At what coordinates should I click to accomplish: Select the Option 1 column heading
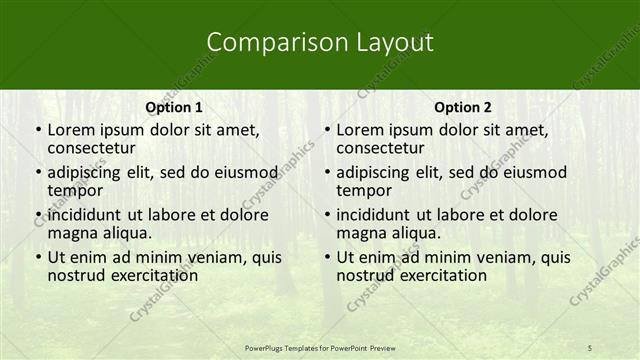[174, 107]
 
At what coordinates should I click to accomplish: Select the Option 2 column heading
[463, 107]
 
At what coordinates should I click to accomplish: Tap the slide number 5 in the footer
[589, 347]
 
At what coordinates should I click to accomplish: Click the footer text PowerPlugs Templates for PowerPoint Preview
[320, 347]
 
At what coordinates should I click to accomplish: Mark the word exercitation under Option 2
[440, 275]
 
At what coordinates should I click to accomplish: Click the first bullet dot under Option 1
[38, 130]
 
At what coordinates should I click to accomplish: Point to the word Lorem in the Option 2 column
[360, 129]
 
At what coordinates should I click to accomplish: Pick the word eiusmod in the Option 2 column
[534, 171]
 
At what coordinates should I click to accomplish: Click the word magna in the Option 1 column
[71, 233]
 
